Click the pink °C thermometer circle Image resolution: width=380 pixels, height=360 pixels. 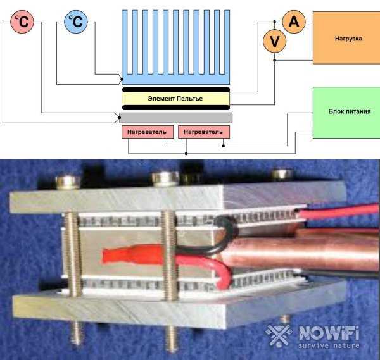(x=22, y=22)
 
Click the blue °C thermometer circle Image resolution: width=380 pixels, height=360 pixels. (x=76, y=22)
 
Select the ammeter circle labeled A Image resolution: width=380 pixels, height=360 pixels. (x=294, y=22)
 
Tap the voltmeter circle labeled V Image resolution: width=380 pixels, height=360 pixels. (x=275, y=41)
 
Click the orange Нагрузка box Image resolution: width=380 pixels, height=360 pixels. (x=346, y=38)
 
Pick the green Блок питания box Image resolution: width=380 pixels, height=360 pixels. (x=346, y=113)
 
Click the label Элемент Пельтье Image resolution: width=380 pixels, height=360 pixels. (x=175, y=99)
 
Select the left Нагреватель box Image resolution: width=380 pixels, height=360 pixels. (x=148, y=132)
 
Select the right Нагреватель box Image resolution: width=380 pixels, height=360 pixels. (x=204, y=132)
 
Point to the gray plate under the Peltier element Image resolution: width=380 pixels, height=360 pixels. (x=175, y=118)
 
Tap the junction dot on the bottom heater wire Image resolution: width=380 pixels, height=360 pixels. (x=186, y=154)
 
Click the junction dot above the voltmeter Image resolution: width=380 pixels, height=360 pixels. (x=275, y=22)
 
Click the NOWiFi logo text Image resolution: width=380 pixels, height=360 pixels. (x=329, y=333)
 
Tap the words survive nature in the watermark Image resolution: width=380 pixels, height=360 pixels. (x=329, y=345)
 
